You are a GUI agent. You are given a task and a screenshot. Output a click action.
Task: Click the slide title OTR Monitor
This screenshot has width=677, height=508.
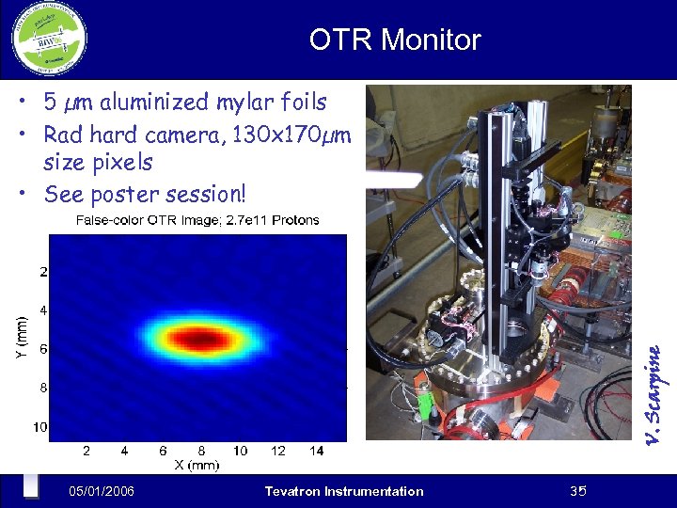click(x=395, y=40)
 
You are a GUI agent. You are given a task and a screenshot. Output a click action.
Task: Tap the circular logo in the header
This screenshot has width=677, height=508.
click(x=49, y=40)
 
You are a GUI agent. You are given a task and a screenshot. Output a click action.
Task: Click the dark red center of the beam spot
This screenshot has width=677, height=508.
click(x=200, y=338)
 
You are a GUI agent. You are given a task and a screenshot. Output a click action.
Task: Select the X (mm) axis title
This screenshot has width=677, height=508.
click(x=196, y=465)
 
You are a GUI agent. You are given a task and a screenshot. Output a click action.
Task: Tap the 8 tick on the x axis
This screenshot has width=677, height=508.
click(x=201, y=451)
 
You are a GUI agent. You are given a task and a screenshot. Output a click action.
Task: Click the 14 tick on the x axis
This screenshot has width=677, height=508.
click(x=316, y=451)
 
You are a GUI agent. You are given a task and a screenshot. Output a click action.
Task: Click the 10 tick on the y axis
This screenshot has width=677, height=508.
click(x=40, y=427)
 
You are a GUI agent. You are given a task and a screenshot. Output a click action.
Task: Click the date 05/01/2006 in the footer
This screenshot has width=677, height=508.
click(x=102, y=491)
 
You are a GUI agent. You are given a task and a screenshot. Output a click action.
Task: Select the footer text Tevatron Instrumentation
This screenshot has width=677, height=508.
click(x=344, y=491)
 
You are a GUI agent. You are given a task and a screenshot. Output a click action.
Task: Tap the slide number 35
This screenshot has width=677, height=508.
click(x=578, y=491)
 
